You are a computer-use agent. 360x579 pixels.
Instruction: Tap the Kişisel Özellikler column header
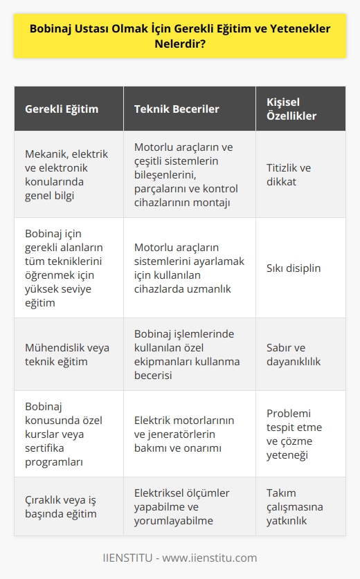[291, 109]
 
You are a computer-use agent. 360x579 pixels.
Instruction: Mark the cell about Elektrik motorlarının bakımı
[186, 433]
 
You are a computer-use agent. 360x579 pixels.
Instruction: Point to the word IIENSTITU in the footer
[129, 558]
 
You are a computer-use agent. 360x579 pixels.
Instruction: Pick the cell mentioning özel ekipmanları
[186, 354]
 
